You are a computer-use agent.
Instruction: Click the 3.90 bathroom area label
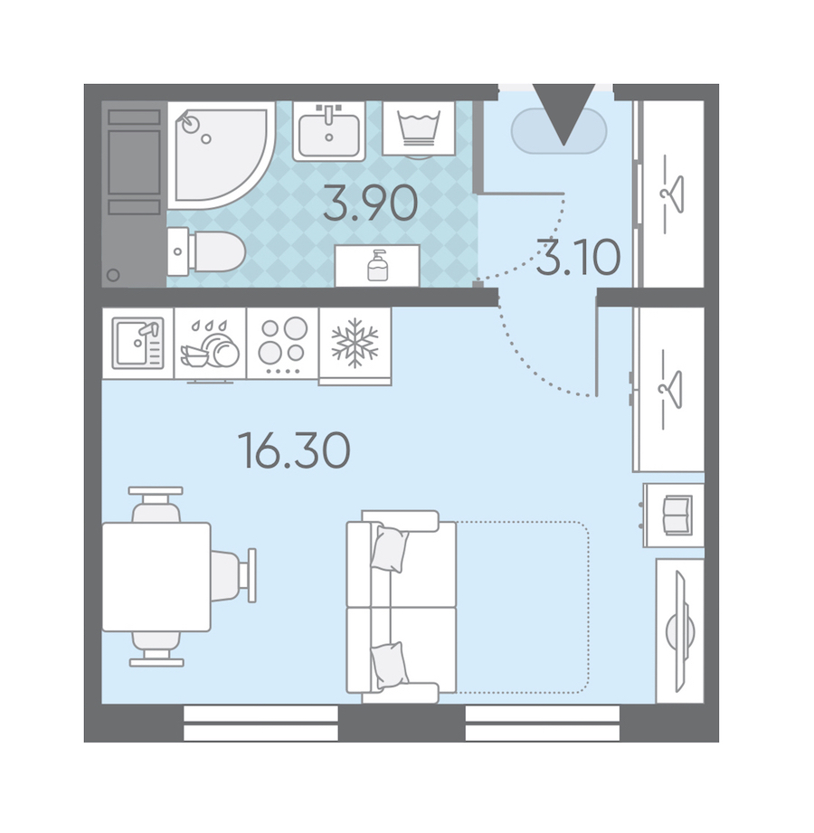click(370, 203)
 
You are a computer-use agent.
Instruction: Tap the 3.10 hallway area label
click(578, 258)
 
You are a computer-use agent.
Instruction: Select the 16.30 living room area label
click(294, 450)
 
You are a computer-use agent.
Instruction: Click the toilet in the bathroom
click(206, 251)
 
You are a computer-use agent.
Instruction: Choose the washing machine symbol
click(420, 128)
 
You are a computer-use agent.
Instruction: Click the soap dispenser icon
click(377, 265)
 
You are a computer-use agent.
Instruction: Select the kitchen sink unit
click(138, 343)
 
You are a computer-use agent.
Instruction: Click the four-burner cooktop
click(283, 343)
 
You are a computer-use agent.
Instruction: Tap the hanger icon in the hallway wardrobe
click(672, 194)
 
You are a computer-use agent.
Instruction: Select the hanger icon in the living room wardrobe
click(671, 390)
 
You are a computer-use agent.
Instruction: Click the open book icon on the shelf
click(677, 516)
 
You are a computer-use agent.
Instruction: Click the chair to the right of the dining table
click(233, 576)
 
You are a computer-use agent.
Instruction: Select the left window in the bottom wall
click(260, 723)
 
